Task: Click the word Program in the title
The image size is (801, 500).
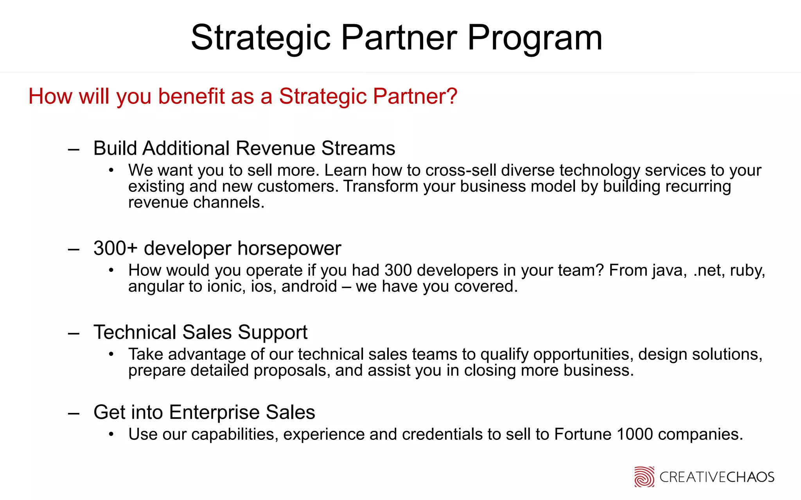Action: point(535,38)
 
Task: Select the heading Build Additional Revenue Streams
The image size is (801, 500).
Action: point(244,148)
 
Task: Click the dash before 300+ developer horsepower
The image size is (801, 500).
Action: point(74,249)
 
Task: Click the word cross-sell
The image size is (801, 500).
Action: point(461,170)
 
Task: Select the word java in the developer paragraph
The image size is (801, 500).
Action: point(667,271)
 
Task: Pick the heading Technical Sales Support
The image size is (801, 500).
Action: point(200,332)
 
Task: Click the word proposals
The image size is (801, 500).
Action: point(289,370)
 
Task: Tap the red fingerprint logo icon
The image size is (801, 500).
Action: point(644,477)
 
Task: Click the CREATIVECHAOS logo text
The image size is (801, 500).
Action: point(717,477)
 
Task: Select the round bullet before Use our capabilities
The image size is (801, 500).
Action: point(111,434)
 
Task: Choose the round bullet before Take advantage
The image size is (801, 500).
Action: point(111,354)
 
